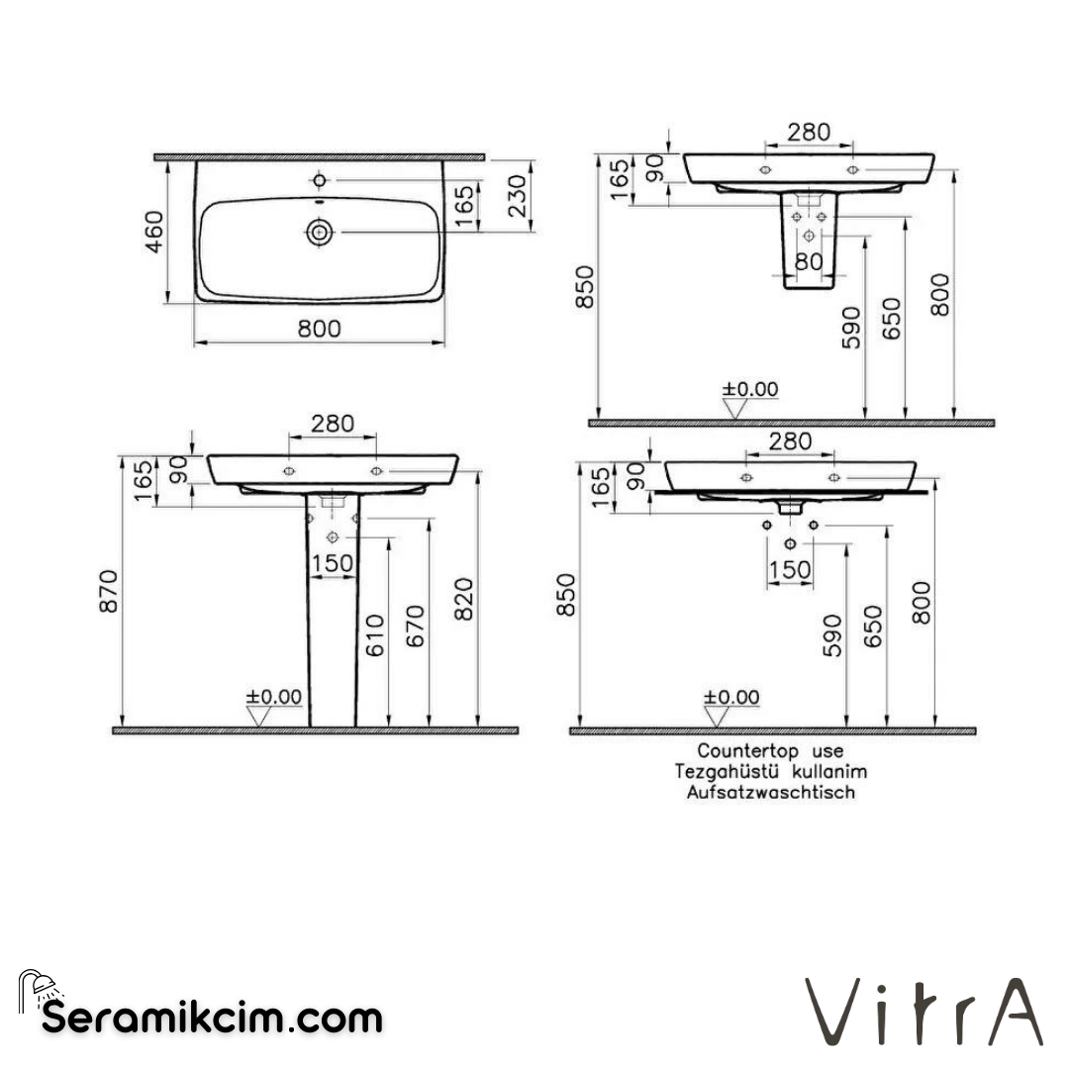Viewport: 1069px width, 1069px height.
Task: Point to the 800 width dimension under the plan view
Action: (x=318, y=328)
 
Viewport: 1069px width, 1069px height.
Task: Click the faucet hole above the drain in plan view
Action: (x=319, y=180)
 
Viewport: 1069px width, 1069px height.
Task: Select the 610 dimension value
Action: (x=375, y=636)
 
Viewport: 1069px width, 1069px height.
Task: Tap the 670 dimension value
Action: (x=415, y=627)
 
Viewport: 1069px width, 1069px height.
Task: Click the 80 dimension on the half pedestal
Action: (x=809, y=262)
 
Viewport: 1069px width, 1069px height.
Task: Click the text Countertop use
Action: (x=770, y=752)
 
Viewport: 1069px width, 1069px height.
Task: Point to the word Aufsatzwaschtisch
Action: (x=770, y=792)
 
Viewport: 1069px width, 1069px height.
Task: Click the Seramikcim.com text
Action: (x=212, y=1017)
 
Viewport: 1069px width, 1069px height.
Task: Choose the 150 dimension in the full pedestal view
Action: (x=332, y=563)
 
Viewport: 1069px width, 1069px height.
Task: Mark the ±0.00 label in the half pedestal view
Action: (x=750, y=389)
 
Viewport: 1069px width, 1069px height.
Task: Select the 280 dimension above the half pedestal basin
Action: (x=808, y=131)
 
